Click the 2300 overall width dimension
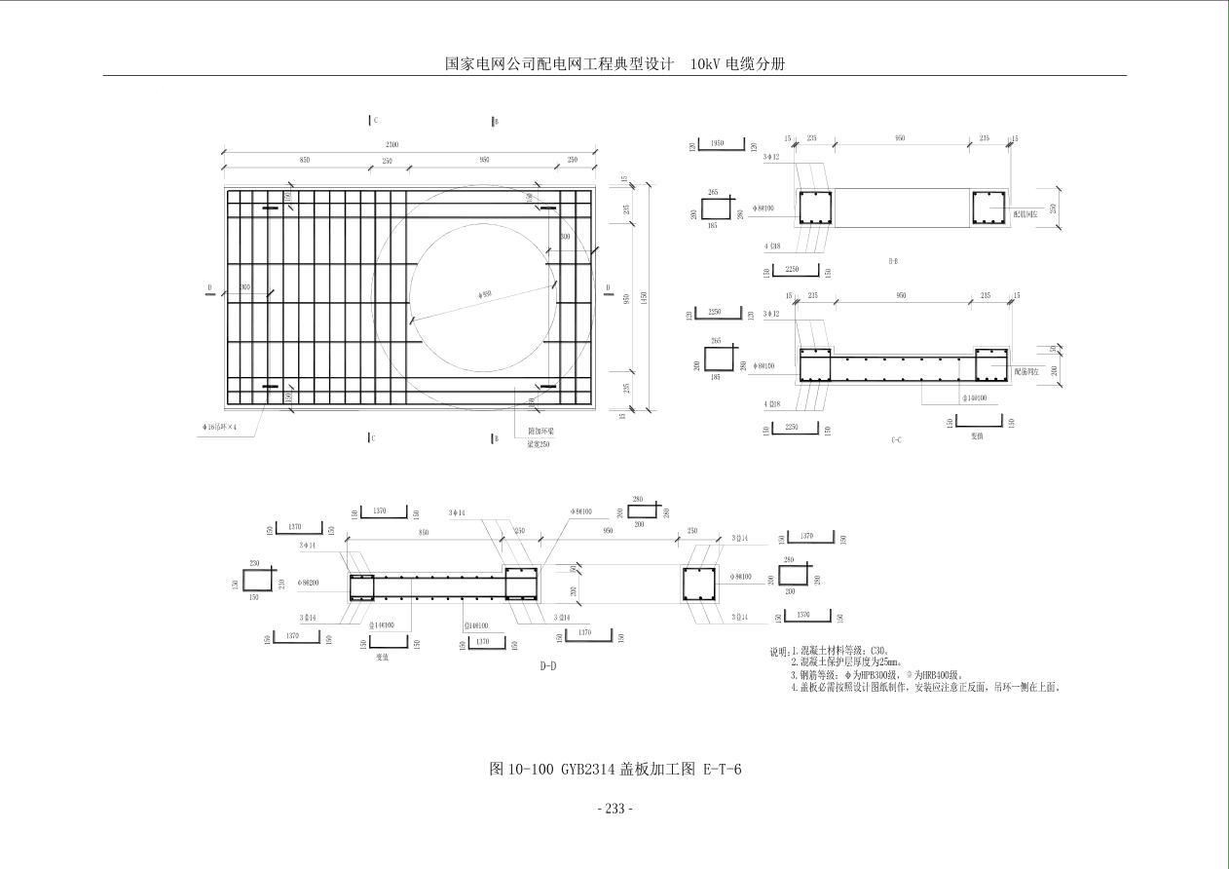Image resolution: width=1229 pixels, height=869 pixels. click(x=391, y=145)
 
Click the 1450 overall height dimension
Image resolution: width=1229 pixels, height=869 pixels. click(x=643, y=295)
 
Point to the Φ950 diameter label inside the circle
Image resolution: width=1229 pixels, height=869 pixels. click(x=485, y=293)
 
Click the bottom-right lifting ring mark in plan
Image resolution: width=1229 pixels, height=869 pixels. click(x=548, y=387)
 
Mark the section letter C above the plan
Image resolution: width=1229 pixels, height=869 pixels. click(x=374, y=121)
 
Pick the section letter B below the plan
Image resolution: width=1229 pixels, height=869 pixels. click(x=495, y=438)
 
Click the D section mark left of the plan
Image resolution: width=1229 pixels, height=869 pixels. click(x=209, y=288)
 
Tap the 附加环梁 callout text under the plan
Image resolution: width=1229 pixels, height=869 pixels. click(x=540, y=430)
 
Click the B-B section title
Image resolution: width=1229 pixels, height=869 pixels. click(x=893, y=261)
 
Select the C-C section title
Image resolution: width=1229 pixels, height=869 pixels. click(x=896, y=440)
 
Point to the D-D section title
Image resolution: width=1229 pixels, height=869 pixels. click(x=548, y=666)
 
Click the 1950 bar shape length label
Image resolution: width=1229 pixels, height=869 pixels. click(x=718, y=143)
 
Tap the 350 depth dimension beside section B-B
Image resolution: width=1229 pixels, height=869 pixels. click(x=1053, y=209)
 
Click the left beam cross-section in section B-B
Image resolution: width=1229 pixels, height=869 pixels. click(x=814, y=208)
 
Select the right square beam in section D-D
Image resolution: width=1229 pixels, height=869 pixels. click(x=697, y=585)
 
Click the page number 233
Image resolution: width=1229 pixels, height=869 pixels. click(x=614, y=809)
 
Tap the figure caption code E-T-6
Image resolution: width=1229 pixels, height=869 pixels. click(x=722, y=770)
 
